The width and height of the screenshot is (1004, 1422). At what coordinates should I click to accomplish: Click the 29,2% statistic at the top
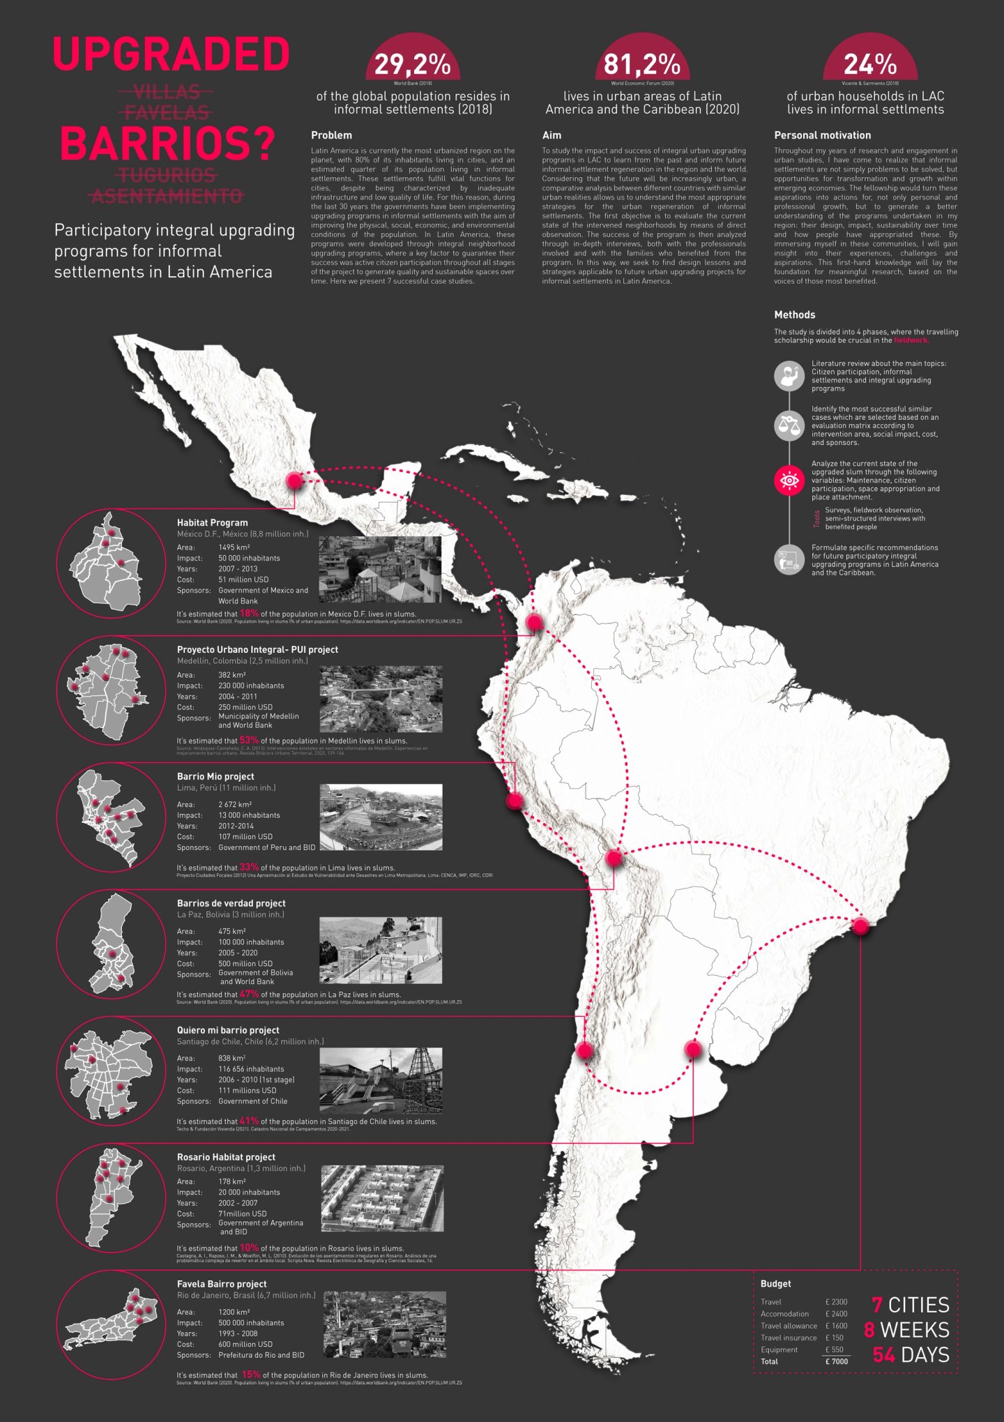pos(412,65)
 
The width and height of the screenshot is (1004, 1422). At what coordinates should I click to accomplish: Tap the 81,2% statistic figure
pos(641,65)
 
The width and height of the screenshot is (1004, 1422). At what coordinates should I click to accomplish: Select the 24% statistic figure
pos(869,65)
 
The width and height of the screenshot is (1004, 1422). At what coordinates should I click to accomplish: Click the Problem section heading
pos(331,135)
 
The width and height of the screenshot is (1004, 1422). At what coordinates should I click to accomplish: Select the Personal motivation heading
pos(822,135)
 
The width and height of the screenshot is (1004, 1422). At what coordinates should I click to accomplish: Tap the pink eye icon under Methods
pos(789,481)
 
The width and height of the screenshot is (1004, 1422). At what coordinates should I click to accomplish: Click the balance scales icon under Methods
pos(789,425)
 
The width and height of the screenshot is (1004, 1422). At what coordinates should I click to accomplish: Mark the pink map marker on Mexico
pos(294,481)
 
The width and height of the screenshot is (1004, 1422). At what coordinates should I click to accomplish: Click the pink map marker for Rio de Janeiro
pos(860,925)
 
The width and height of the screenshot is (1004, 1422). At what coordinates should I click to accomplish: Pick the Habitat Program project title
pos(212,522)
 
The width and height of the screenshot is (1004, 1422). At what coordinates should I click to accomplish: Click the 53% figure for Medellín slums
pos(249,740)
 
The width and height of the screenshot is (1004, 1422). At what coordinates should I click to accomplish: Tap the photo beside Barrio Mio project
pos(381,817)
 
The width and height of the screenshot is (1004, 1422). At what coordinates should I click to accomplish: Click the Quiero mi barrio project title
pos(228,1030)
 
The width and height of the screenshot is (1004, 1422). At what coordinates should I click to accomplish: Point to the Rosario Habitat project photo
pos(382,1197)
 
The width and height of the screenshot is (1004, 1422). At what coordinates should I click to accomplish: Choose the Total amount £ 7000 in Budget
pos(837,1361)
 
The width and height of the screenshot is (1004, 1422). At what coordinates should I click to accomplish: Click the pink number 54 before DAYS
pos(883,1354)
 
